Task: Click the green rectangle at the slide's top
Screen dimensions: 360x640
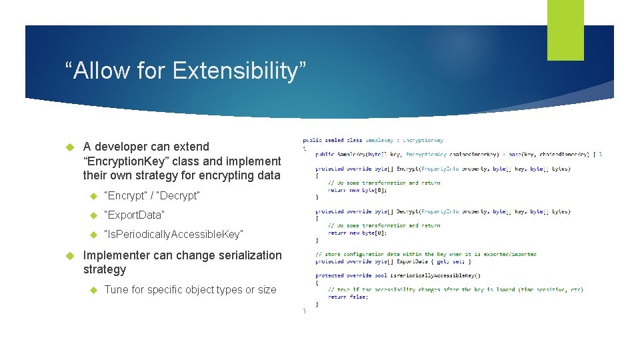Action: click(565, 30)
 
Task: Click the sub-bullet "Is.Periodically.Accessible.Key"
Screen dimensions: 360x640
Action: click(173, 234)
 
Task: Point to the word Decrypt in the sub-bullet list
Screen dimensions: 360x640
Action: click(178, 195)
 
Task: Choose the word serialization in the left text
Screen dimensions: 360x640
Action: click(247, 255)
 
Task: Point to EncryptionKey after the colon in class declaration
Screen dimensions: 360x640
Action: click(423, 140)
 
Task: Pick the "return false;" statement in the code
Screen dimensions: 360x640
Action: click(348, 297)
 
